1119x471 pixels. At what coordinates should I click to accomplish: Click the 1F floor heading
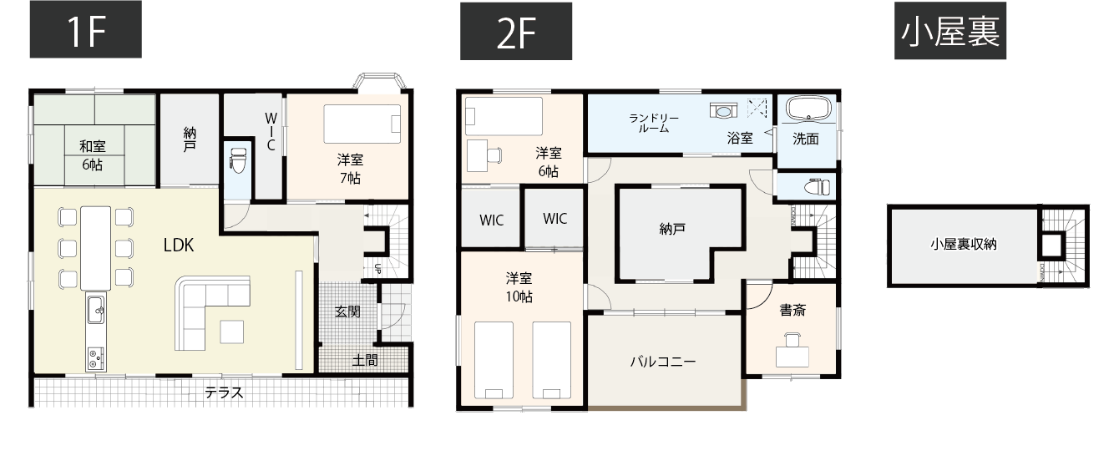pyautogui.click(x=85, y=31)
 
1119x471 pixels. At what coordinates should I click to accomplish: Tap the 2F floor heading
pyautogui.click(x=516, y=31)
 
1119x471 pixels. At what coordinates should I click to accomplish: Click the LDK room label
pyautogui.click(x=178, y=245)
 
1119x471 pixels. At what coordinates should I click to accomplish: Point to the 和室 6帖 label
pyautogui.click(x=92, y=155)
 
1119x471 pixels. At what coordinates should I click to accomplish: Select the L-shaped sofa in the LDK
pyautogui.click(x=205, y=311)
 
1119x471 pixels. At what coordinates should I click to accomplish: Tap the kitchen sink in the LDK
pyautogui.click(x=95, y=310)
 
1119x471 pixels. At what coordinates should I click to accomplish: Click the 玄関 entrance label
pyautogui.click(x=347, y=311)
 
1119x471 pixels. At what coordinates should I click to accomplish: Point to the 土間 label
pyautogui.click(x=365, y=360)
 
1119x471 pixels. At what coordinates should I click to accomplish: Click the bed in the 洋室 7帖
pyautogui.click(x=362, y=123)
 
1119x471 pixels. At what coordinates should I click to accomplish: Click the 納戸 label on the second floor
pyautogui.click(x=672, y=228)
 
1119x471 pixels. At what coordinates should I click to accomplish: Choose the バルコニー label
pyautogui.click(x=662, y=362)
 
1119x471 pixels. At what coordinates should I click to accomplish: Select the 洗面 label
pyautogui.click(x=806, y=139)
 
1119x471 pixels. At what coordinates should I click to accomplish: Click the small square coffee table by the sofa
pyautogui.click(x=233, y=332)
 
